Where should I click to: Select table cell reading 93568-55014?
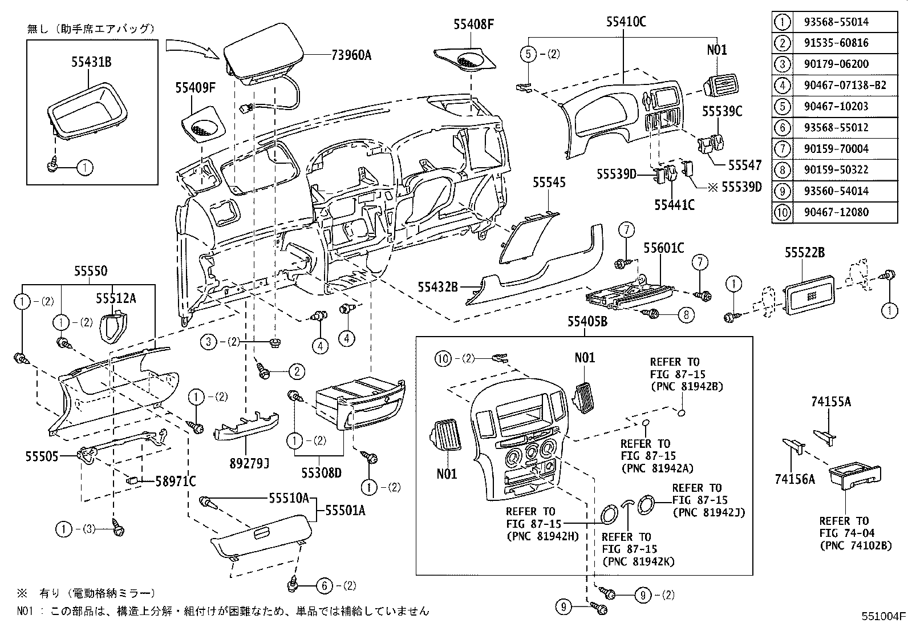[833, 22]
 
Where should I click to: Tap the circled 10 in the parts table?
[782, 212]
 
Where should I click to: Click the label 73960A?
[351, 55]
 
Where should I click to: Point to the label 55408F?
[473, 24]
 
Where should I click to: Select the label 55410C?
[626, 23]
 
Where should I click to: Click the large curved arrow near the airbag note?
[191, 47]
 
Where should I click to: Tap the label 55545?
[549, 183]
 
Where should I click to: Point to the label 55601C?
[663, 248]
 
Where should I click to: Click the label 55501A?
[345, 510]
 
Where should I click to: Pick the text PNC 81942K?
[638, 561]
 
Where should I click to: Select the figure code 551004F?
[883, 616]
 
